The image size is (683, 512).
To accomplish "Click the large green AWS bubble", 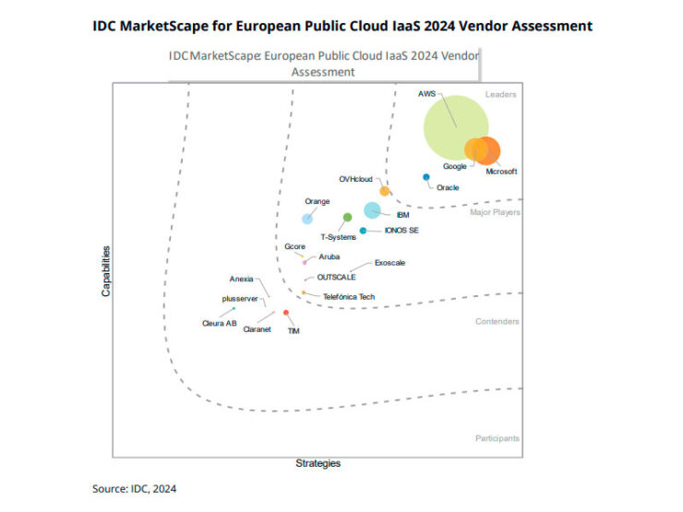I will [456, 126].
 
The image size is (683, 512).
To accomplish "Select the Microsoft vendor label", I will [501, 171].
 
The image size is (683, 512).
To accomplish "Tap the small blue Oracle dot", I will [425, 177].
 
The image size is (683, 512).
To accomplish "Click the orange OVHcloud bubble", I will [385, 191].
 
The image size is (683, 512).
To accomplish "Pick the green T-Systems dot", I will [347, 218].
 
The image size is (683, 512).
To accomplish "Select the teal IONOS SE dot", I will [364, 231].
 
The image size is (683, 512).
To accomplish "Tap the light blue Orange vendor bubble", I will [307, 218].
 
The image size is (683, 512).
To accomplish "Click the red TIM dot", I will [286, 313].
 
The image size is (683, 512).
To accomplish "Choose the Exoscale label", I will [389, 263].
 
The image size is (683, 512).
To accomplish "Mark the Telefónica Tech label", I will [349, 297].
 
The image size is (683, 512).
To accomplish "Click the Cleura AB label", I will [220, 323].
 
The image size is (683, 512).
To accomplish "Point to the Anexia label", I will [241, 279].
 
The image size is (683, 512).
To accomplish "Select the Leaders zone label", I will [501, 95].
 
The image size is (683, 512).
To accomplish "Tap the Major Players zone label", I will [495, 212].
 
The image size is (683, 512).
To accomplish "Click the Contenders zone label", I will [497, 322].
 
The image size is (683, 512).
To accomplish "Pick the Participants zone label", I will [497, 438].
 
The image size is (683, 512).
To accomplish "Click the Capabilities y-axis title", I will [107, 270].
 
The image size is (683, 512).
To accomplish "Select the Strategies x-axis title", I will [318, 462].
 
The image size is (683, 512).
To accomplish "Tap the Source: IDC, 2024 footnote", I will [134, 488].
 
